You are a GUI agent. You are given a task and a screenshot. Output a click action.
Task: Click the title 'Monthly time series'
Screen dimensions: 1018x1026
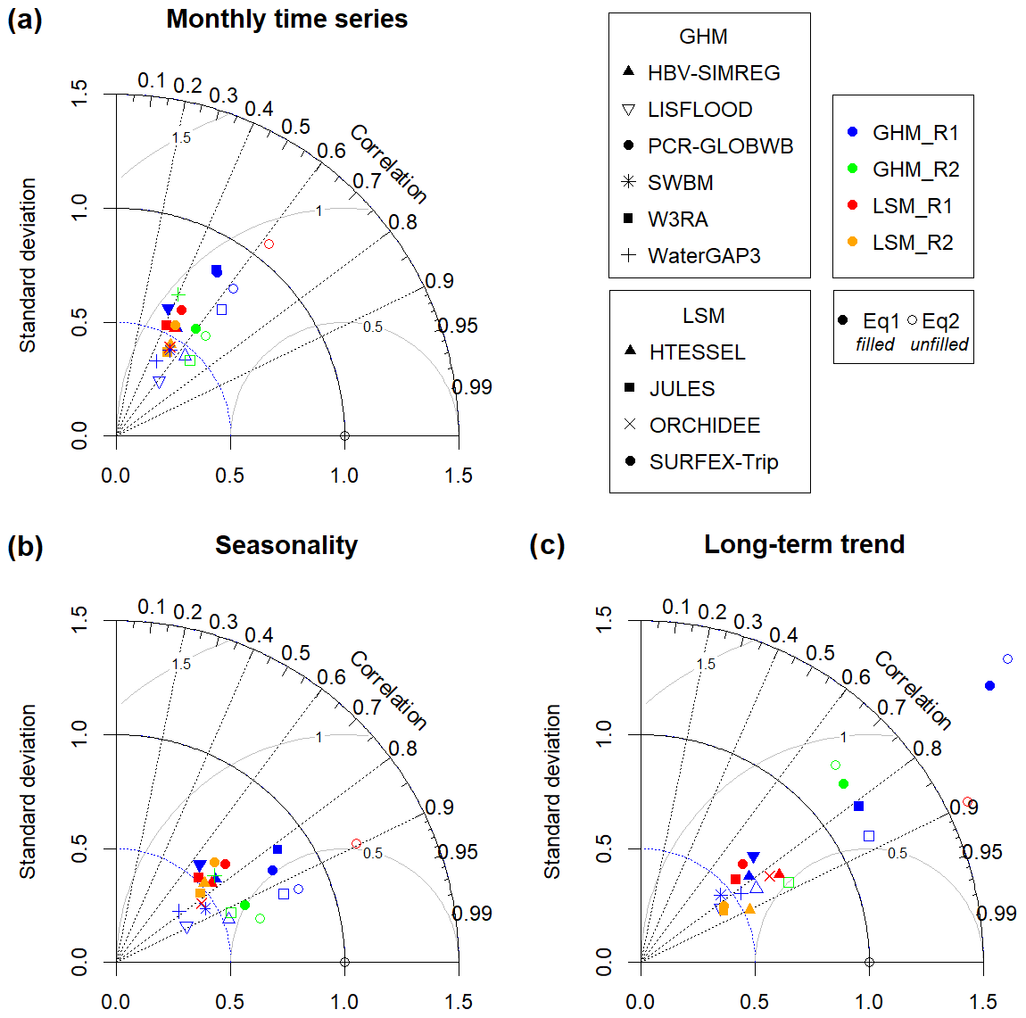[286, 20]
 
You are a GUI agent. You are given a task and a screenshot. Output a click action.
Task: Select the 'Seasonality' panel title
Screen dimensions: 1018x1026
[286, 545]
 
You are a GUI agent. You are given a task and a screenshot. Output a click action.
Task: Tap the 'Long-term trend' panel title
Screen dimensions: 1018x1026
[804, 544]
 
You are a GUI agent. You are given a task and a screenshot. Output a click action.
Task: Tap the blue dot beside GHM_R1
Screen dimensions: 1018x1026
[852, 133]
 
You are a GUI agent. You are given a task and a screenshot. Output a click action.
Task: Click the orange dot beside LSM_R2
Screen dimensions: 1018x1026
[852, 243]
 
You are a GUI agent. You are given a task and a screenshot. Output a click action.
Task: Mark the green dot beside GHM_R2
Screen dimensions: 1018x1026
[852, 170]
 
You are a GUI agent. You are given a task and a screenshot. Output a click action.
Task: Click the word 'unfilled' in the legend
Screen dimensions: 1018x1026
[939, 344]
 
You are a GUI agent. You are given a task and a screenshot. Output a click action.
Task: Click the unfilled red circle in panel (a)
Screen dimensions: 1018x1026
[269, 244]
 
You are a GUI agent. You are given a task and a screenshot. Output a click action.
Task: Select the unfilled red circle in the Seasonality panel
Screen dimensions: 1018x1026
[357, 843]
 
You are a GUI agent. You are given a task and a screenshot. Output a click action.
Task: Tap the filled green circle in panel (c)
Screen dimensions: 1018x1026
[843, 783]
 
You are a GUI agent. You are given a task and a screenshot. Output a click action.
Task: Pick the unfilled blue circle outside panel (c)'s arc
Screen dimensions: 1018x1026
[1007, 659]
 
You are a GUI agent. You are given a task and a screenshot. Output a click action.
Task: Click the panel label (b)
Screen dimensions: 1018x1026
[25, 546]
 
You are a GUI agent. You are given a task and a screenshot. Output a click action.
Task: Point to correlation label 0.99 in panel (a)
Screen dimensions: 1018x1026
[472, 387]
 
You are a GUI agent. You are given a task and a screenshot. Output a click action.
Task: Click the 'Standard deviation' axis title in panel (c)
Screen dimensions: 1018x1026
[552, 790]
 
